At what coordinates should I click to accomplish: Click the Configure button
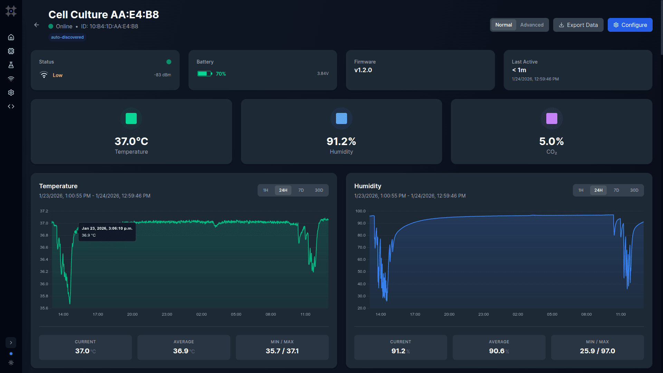point(630,25)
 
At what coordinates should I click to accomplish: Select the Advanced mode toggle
point(531,25)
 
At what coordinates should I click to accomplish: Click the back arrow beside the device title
point(37,25)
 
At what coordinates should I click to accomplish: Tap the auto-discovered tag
point(67,37)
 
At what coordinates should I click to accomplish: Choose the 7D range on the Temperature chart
point(301,190)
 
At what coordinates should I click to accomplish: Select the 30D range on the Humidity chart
point(634,190)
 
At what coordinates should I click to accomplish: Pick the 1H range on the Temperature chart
point(266,190)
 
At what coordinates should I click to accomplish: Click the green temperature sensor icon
point(131,118)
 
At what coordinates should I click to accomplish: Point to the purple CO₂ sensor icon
point(551,118)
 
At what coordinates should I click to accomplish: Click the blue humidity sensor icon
point(341,118)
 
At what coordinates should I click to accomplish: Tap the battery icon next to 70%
point(204,74)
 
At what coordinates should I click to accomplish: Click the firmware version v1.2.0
point(363,70)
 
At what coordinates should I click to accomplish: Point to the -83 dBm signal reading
point(162,75)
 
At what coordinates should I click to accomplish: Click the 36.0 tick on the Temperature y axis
point(44,284)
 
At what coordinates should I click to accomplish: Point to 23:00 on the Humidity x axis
point(483,314)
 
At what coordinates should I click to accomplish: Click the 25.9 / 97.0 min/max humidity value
point(597,351)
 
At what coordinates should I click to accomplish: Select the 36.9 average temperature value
point(181,351)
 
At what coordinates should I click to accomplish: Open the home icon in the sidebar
point(11,37)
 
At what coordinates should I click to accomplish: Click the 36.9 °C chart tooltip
point(107,232)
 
